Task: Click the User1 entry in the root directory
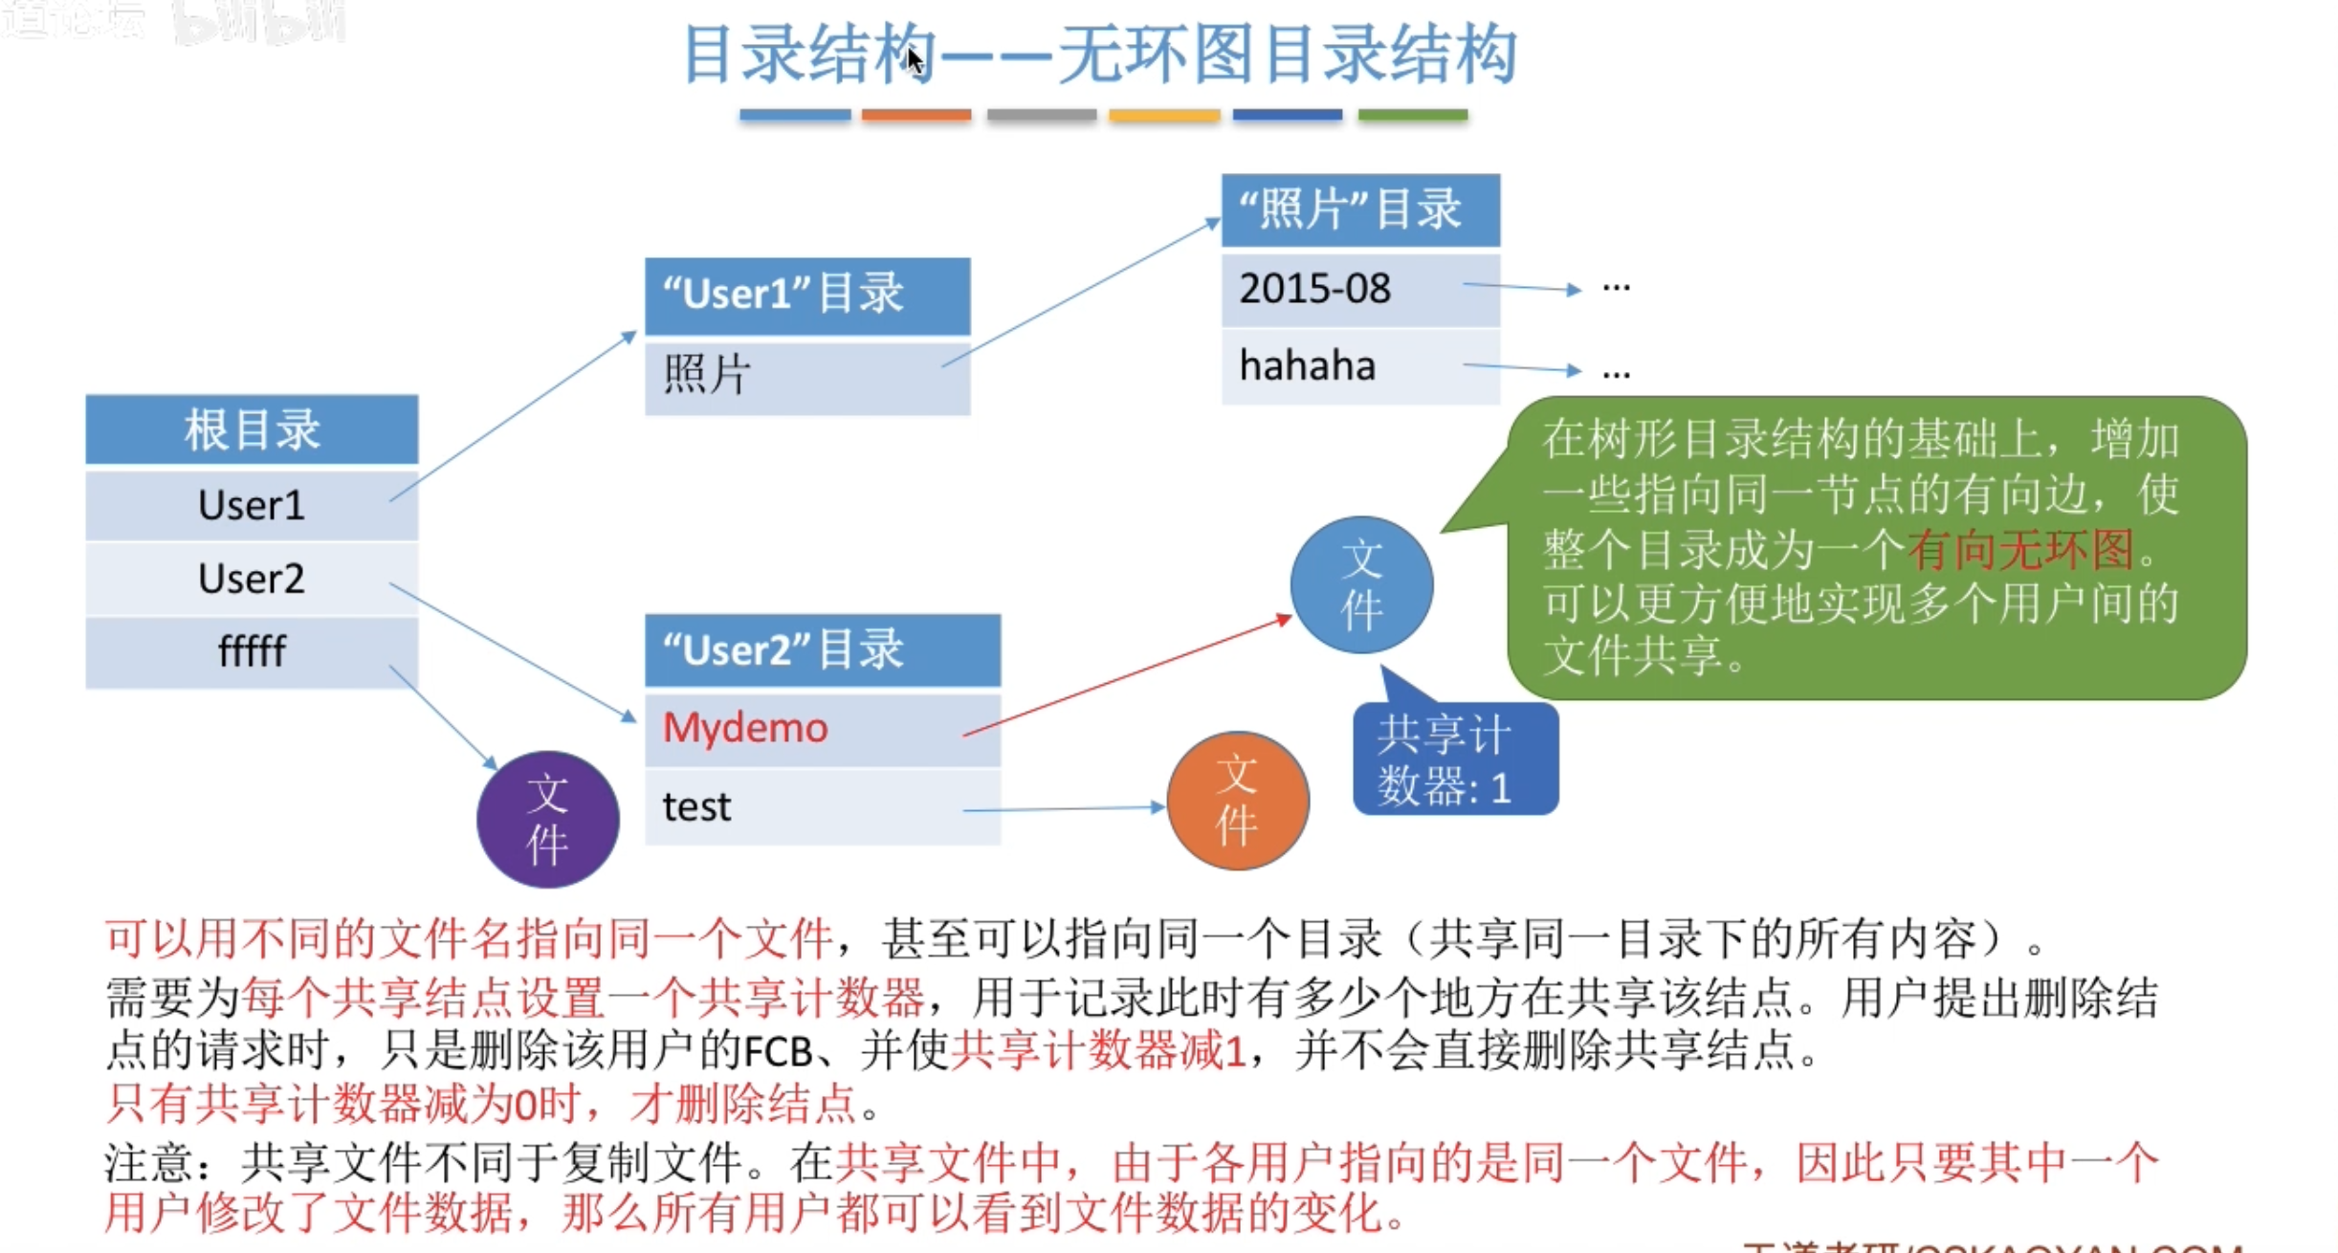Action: tap(252, 505)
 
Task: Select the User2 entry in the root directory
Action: tap(252, 579)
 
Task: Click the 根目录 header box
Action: tap(252, 429)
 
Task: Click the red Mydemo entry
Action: tap(745, 728)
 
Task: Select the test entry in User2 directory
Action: tap(696, 807)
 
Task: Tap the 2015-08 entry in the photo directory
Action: tap(1314, 288)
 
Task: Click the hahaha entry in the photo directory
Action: tap(1307, 365)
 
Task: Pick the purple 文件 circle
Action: tap(548, 820)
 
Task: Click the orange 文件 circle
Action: tap(1238, 801)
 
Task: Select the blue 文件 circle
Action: tap(1361, 584)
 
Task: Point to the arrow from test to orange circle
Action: tap(1062, 809)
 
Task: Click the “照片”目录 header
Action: tap(1360, 209)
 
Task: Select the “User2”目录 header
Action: tap(822, 650)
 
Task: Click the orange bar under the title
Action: tap(915, 115)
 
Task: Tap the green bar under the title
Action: tap(1412, 115)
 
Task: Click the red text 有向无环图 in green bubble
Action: tap(2020, 549)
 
